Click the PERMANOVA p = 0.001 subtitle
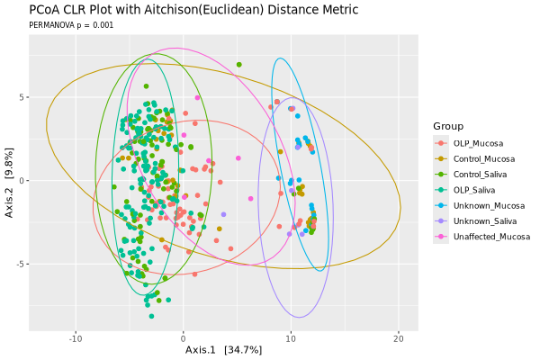[x=72, y=25]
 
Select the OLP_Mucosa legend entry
[x=477, y=143]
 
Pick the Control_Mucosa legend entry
[x=481, y=158]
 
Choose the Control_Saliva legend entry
[x=480, y=174]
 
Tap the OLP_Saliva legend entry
[x=475, y=190]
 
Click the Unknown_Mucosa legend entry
[x=485, y=205]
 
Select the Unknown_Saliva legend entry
[x=483, y=220]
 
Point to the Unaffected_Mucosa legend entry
[x=490, y=237]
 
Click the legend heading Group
[x=447, y=125]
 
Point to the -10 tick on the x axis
[x=76, y=338]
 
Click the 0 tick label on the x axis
[x=184, y=338]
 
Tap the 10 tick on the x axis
[x=291, y=338]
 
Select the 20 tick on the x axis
[x=399, y=338]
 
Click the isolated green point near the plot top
[x=238, y=65]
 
